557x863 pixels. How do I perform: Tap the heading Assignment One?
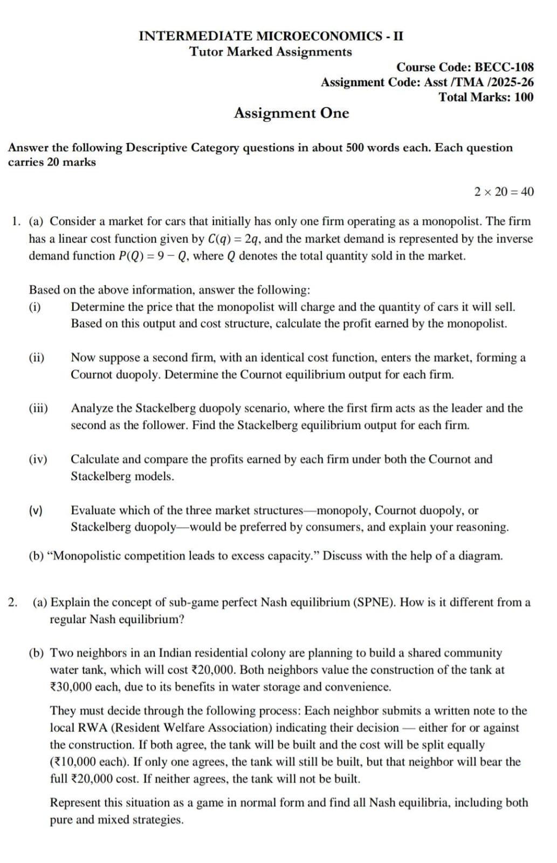(291, 113)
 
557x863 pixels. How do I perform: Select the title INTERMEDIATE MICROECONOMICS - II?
(271, 36)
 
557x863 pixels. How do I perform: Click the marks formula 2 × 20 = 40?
(504, 192)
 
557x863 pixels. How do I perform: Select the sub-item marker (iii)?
(38, 408)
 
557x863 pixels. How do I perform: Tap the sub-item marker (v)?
(36, 510)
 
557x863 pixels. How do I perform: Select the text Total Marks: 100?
(486, 98)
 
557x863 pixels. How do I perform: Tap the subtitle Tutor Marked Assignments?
(271, 52)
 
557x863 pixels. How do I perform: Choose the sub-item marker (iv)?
(38, 460)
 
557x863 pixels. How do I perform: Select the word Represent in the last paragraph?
(75, 803)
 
